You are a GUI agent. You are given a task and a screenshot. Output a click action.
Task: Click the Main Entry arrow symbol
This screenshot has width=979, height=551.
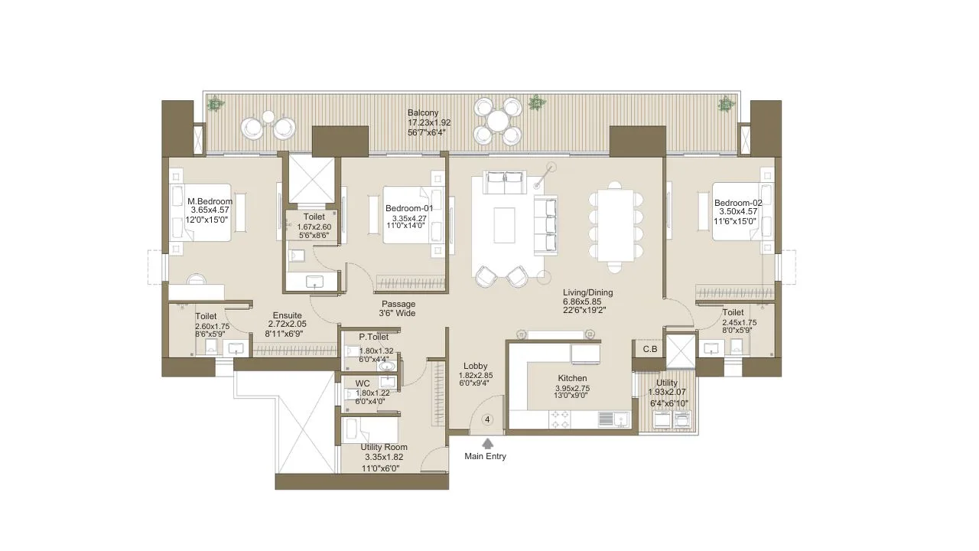click(488, 444)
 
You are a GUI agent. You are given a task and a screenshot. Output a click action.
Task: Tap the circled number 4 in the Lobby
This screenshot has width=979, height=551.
click(487, 420)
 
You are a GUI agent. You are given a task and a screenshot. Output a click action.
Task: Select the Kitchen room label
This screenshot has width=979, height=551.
click(572, 378)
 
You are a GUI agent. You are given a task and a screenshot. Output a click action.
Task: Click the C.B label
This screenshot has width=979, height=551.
click(650, 349)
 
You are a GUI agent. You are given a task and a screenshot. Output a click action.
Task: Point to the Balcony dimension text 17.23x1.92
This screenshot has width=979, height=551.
click(429, 123)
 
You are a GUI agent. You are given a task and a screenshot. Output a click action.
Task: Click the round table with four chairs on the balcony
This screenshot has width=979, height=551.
click(497, 121)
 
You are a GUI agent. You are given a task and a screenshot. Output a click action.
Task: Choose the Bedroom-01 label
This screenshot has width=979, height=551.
click(409, 209)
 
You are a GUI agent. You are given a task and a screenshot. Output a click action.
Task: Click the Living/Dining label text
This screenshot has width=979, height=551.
click(587, 292)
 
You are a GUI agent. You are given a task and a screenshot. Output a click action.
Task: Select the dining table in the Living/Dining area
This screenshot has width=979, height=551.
click(616, 226)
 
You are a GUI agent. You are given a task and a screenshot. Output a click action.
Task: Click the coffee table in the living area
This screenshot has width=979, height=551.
click(504, 225)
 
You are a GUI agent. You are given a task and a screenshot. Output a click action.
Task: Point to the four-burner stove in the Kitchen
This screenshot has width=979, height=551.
click(560, 419)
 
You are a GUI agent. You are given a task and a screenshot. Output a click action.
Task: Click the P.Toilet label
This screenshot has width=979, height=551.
click(374, 337)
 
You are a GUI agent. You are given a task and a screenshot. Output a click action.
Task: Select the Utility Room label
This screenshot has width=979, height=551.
click(384, 447)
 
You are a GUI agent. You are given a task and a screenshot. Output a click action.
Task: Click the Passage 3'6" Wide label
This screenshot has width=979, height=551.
click(397, 308)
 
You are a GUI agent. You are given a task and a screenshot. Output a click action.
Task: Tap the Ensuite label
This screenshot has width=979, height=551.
click(287, 315)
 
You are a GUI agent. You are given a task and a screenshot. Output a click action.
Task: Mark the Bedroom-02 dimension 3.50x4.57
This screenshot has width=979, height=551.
click(738, 212)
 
